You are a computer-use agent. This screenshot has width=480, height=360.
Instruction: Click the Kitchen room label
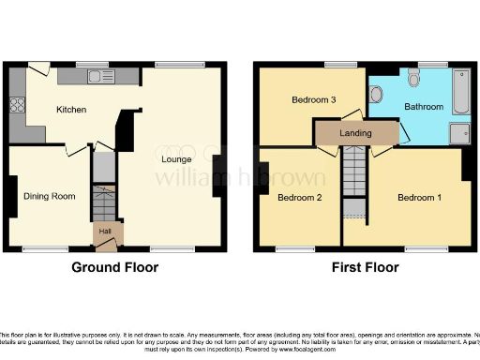pos(71,110)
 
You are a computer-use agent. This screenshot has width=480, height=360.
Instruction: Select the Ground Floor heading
pos(115,267)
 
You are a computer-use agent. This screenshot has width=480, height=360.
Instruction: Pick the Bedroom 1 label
pos(417,198)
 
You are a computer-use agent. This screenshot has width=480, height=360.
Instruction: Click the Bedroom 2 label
pos(300,197)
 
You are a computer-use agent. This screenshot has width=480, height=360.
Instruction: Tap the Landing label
pos(355,133)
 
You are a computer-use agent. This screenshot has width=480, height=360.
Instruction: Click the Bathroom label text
pos(424,107)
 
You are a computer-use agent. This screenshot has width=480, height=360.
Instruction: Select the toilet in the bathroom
pos(375,94)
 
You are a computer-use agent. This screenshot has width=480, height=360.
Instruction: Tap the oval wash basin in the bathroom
pos(414,81)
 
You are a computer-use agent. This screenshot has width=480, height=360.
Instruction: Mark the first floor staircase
pos(354,178)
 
